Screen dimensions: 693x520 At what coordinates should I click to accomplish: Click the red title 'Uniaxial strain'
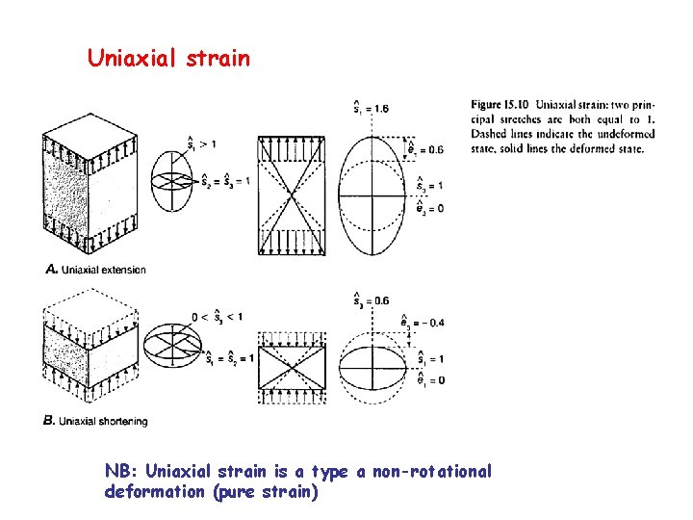168,59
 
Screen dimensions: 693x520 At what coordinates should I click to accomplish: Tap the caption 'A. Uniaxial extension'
96,270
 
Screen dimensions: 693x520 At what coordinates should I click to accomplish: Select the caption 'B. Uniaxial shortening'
96,421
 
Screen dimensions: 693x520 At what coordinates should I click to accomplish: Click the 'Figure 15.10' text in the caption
500,104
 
